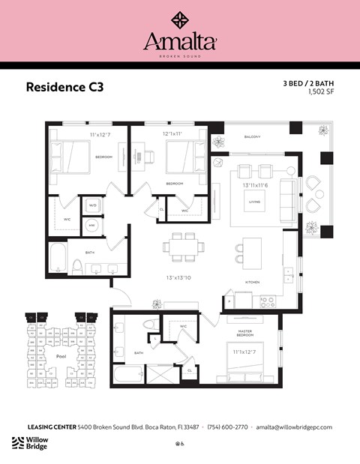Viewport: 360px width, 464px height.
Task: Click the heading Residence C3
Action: (64, 87)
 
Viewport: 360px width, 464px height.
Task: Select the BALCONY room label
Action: (252, 137)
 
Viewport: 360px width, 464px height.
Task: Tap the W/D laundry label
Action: (93, 205)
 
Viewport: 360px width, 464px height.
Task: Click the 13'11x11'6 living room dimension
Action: (256, 184)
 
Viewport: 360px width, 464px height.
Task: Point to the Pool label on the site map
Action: (61, 356)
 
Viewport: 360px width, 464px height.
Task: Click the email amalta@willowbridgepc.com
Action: (294, 427)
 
